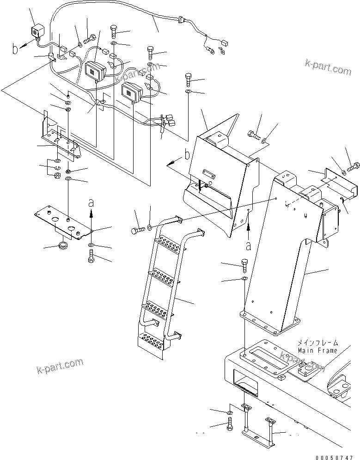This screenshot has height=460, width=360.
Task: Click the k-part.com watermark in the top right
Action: (x=328, y=67)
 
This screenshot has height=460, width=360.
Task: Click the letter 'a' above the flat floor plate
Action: (x=91, y=203)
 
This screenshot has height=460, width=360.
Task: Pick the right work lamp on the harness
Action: (x=132, y=93)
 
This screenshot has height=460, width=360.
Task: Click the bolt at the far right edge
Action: (x=354, y=165)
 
